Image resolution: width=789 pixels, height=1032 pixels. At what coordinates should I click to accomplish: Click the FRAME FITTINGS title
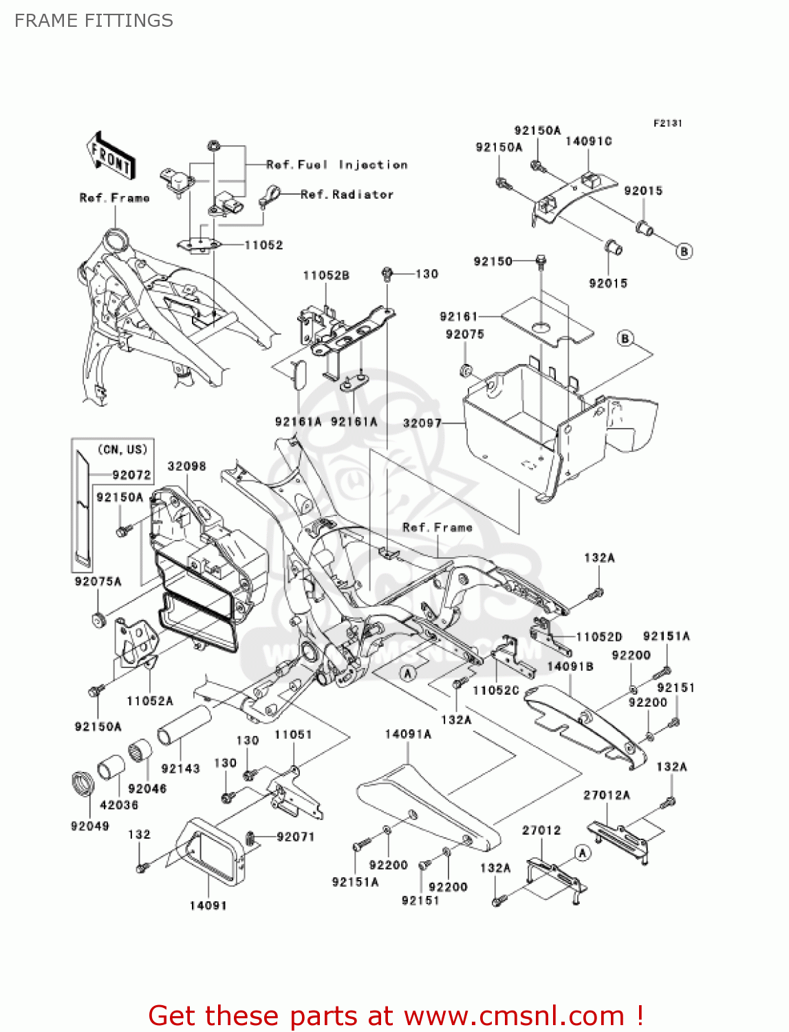94,21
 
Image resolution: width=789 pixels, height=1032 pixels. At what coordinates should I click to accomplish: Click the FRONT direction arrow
110,156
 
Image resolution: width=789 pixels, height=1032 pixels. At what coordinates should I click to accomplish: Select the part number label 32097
422,423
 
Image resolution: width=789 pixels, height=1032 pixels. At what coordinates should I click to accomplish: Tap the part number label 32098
186,466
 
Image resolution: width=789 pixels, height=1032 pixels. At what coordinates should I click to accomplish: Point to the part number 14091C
588,141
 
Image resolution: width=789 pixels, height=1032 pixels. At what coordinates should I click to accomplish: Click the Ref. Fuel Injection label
336,164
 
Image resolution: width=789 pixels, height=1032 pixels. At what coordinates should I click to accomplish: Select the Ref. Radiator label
347,195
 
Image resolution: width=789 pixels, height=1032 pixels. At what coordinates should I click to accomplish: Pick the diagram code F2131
667,123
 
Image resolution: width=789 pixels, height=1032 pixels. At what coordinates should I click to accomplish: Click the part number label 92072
131,475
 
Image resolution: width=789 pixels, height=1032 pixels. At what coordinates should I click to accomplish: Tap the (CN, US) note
122,449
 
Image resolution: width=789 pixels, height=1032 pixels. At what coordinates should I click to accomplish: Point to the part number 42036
119,804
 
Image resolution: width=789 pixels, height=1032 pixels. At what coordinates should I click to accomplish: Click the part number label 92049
89,826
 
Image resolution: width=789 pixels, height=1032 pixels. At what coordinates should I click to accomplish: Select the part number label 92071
296,837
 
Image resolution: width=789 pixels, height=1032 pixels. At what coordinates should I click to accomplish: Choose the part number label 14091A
408,734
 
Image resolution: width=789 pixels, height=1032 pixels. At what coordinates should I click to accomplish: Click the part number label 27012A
607,795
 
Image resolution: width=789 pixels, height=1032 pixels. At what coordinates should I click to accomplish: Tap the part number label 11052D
598,636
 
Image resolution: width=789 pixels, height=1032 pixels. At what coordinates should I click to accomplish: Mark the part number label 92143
180,768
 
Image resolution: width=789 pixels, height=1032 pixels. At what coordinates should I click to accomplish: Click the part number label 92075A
98,581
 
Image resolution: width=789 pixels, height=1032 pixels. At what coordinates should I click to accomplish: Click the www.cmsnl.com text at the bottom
513,1015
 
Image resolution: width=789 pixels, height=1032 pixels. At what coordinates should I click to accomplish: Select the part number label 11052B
326,275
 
